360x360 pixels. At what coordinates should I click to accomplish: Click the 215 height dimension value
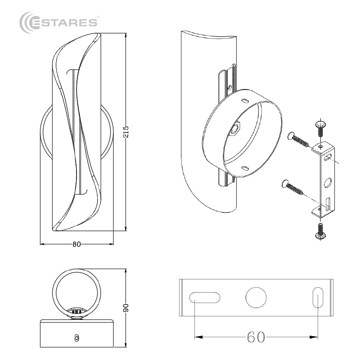coord(126,132)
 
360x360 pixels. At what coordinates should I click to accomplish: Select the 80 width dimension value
coord(77,244)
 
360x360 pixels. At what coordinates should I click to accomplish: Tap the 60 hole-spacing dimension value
coord(256,337)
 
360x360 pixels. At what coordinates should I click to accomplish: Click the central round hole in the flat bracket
coord(256,297)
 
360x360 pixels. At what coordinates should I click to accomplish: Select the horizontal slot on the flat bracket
coord(205,297)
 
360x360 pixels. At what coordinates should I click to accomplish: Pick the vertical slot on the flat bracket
coord(318,297)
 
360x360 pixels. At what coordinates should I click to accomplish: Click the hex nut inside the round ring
coord(235,130)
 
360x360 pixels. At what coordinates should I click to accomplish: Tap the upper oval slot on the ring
coord(245,101)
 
